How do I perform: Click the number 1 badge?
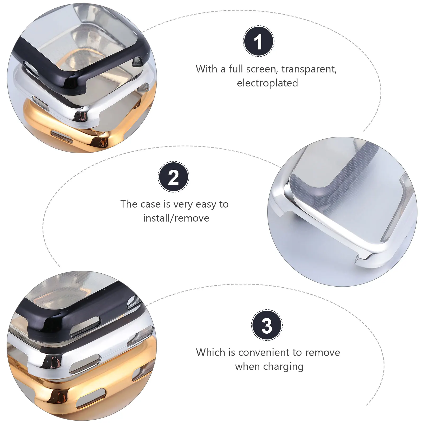pos(259,41)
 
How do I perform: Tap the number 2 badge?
pos(173,177)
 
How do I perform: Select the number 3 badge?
pos(267,325)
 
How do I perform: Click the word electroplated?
pos(267,83)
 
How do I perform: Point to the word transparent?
pos(309,69)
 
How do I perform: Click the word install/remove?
pos(176,218)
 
